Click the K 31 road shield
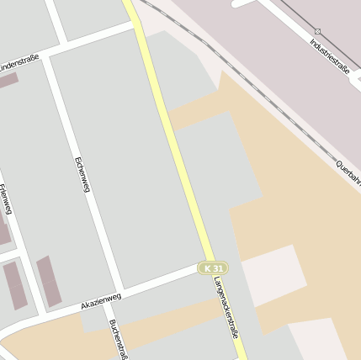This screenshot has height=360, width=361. pos(213,267)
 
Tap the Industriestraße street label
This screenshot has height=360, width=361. pos(329,56)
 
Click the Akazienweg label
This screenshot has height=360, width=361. pos(101,300)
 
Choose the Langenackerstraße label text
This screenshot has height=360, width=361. pos(226,307)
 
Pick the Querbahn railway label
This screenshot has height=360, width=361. pos(348,172)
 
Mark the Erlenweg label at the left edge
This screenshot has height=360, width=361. pos(6,199)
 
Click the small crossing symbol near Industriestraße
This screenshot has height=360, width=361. pos(318,31)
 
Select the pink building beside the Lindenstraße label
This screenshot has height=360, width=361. pos(7,81)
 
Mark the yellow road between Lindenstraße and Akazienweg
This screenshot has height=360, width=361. pos(172,143)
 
